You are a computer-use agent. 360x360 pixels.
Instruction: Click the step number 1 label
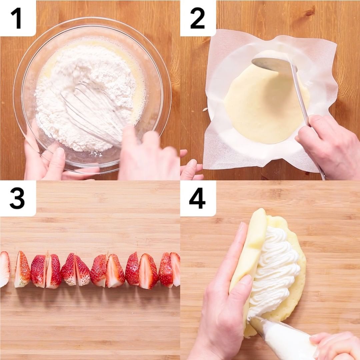[17, 18]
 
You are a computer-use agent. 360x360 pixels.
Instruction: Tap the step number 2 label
[197, 18]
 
